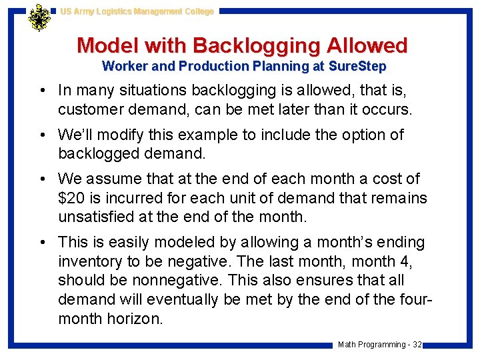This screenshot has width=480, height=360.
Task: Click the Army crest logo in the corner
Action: (x=39, y=17)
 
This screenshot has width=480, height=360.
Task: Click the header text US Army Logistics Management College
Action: (x=137, y=11)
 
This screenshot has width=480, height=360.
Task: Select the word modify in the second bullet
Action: (x=121, y=135)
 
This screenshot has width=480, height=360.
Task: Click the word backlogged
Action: (x=97, y=153)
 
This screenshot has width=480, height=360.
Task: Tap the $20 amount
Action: (x=71, y=198)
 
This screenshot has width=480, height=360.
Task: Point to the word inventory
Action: (x=90, y=261)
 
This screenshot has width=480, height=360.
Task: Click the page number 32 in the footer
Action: (x=417, y=345)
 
